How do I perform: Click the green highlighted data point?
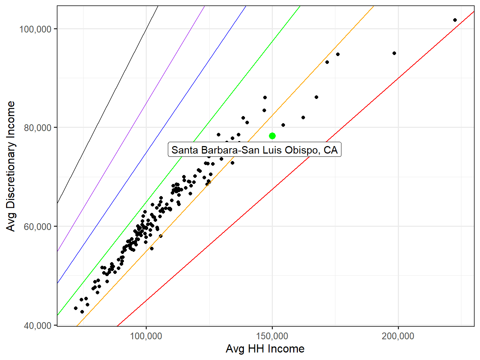[x=272, y=136]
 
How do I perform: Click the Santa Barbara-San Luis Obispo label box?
[x=255, y=150]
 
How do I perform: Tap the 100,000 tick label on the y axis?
[x=35, y=29]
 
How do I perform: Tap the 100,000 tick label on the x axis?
[x=146, y=336]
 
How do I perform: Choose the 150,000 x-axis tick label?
[x=272, y=336]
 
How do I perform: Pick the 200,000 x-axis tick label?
[x=398, y=336]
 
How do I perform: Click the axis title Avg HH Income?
[x=265, y=349]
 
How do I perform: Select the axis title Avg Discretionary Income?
[x=11, y=166]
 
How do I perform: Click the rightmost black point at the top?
[x=455, y=20]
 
